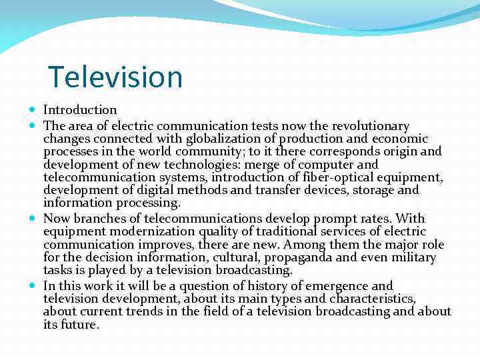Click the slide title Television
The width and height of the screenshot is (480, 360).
(115, 77)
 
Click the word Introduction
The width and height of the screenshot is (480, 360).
(80, 110)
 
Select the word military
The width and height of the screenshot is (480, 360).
(412, 257)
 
